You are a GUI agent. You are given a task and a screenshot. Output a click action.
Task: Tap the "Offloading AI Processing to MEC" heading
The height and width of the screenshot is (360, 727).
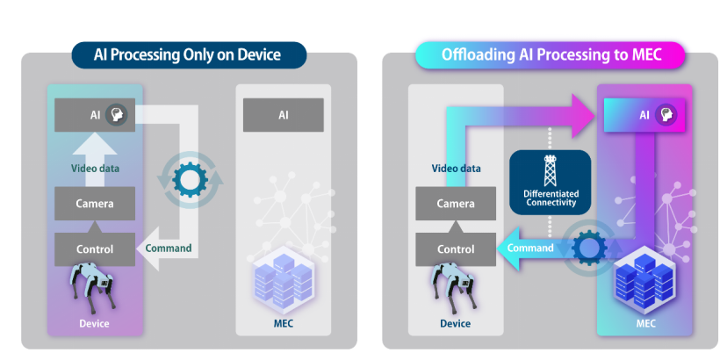click(x=550, y=54)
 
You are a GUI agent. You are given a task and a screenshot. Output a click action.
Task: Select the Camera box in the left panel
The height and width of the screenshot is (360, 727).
click(x=95, y=204)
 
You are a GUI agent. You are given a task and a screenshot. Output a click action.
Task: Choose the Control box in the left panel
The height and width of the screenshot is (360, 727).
click(x=95, y=249)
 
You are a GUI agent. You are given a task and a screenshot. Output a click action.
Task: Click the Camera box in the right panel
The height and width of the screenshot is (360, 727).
click(x=456, y=204)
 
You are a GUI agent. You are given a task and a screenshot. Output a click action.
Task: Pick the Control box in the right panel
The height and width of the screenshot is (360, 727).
click(x=456, y=249)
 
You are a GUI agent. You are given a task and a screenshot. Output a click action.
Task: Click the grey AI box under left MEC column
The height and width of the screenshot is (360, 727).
click(x=283, y=115)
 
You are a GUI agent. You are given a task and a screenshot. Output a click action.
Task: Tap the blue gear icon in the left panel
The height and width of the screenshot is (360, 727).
click(x=189, y=179)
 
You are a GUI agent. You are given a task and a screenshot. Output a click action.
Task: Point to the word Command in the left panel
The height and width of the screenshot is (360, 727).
click(x=168, y=248)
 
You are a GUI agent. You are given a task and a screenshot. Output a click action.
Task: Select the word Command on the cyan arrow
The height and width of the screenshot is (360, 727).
click(x=529, y=248)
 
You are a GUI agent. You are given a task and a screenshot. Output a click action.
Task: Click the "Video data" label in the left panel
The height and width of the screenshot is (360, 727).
click(x=95, y=169)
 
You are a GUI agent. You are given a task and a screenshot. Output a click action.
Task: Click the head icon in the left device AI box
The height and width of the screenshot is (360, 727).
click(x=115, y=115)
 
